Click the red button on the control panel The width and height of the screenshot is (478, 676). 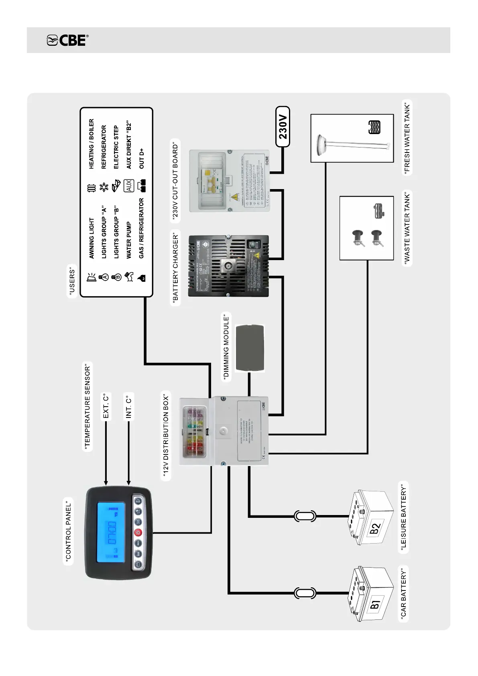pyautogui.click(x=138, y=533)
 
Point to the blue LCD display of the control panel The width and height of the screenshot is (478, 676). pyautogui.click(x=111, y=532)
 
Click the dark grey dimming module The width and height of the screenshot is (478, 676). pyautogui.click(x=250, y=348)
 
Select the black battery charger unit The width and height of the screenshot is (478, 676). pyautogui.click(x=228, y=266)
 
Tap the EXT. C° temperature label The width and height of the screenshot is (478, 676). pyautogui.click(x=106, y=406)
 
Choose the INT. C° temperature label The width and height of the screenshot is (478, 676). pyautogui.click(x=129, y=406)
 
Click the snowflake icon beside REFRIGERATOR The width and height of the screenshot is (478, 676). pyautogui.click(x=104, y=187)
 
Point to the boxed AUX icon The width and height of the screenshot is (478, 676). pyautogui.click(x=128, y=186)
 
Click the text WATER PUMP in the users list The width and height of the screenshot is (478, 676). pyautogui.click(x=129, y=240)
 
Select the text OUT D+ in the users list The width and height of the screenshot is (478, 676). pyautogui.click(x=141, y=159)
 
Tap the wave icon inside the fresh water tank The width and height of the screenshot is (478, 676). pyautogui.click(x=374, y=127)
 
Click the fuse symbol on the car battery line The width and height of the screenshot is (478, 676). pyautogui.click(x=305, y=593)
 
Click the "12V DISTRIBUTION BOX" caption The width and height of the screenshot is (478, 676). pyautogui.click(x=166, y=436)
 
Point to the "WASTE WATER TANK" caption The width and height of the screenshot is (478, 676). pyautogui.click(x=407, y=228)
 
